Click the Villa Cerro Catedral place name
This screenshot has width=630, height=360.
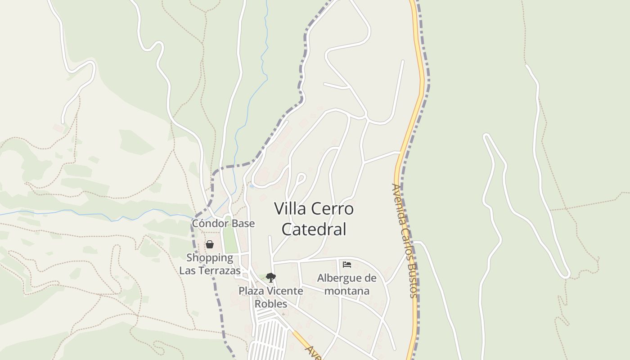314,219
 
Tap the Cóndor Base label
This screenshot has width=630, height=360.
223,224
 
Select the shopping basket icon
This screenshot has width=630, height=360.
210,244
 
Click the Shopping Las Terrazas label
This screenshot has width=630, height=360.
210,264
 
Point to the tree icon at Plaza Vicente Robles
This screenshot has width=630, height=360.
270,277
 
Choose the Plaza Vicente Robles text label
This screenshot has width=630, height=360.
271,297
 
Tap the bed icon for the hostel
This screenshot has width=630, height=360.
347,264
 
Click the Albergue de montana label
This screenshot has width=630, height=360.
347,284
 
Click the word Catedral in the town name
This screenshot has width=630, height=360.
314,229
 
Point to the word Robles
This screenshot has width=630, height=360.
271,304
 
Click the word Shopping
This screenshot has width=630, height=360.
210,258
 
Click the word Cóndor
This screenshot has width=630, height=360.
209,224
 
